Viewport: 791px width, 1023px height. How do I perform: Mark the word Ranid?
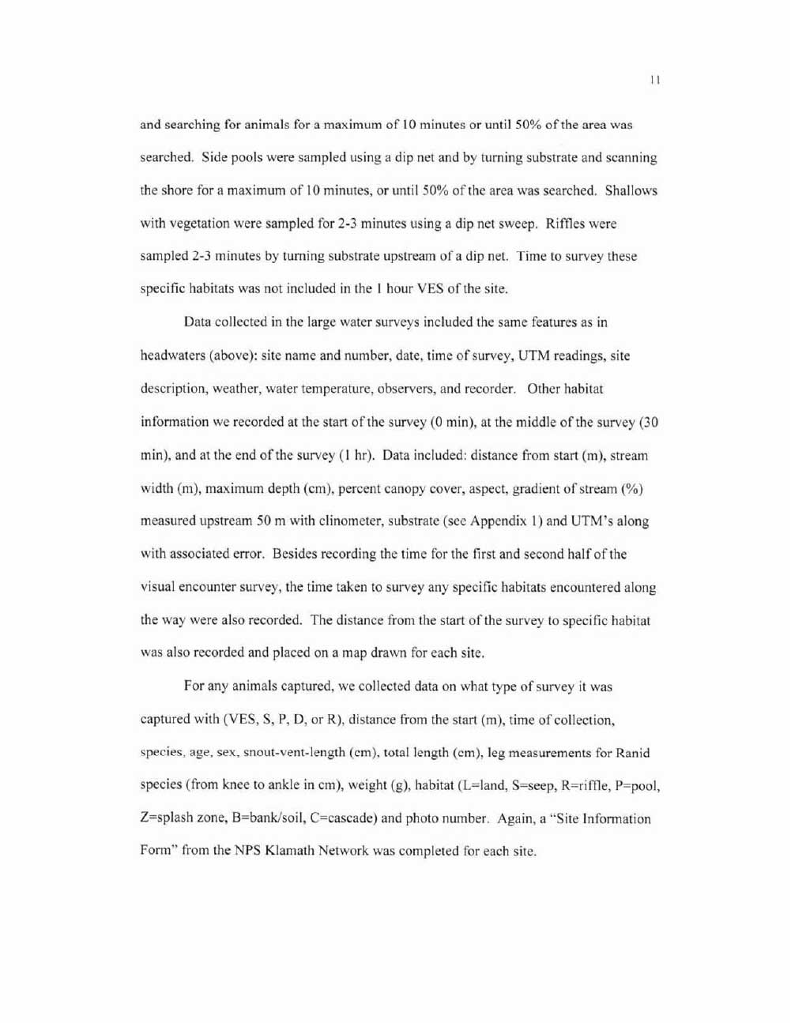tap(632, 753)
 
